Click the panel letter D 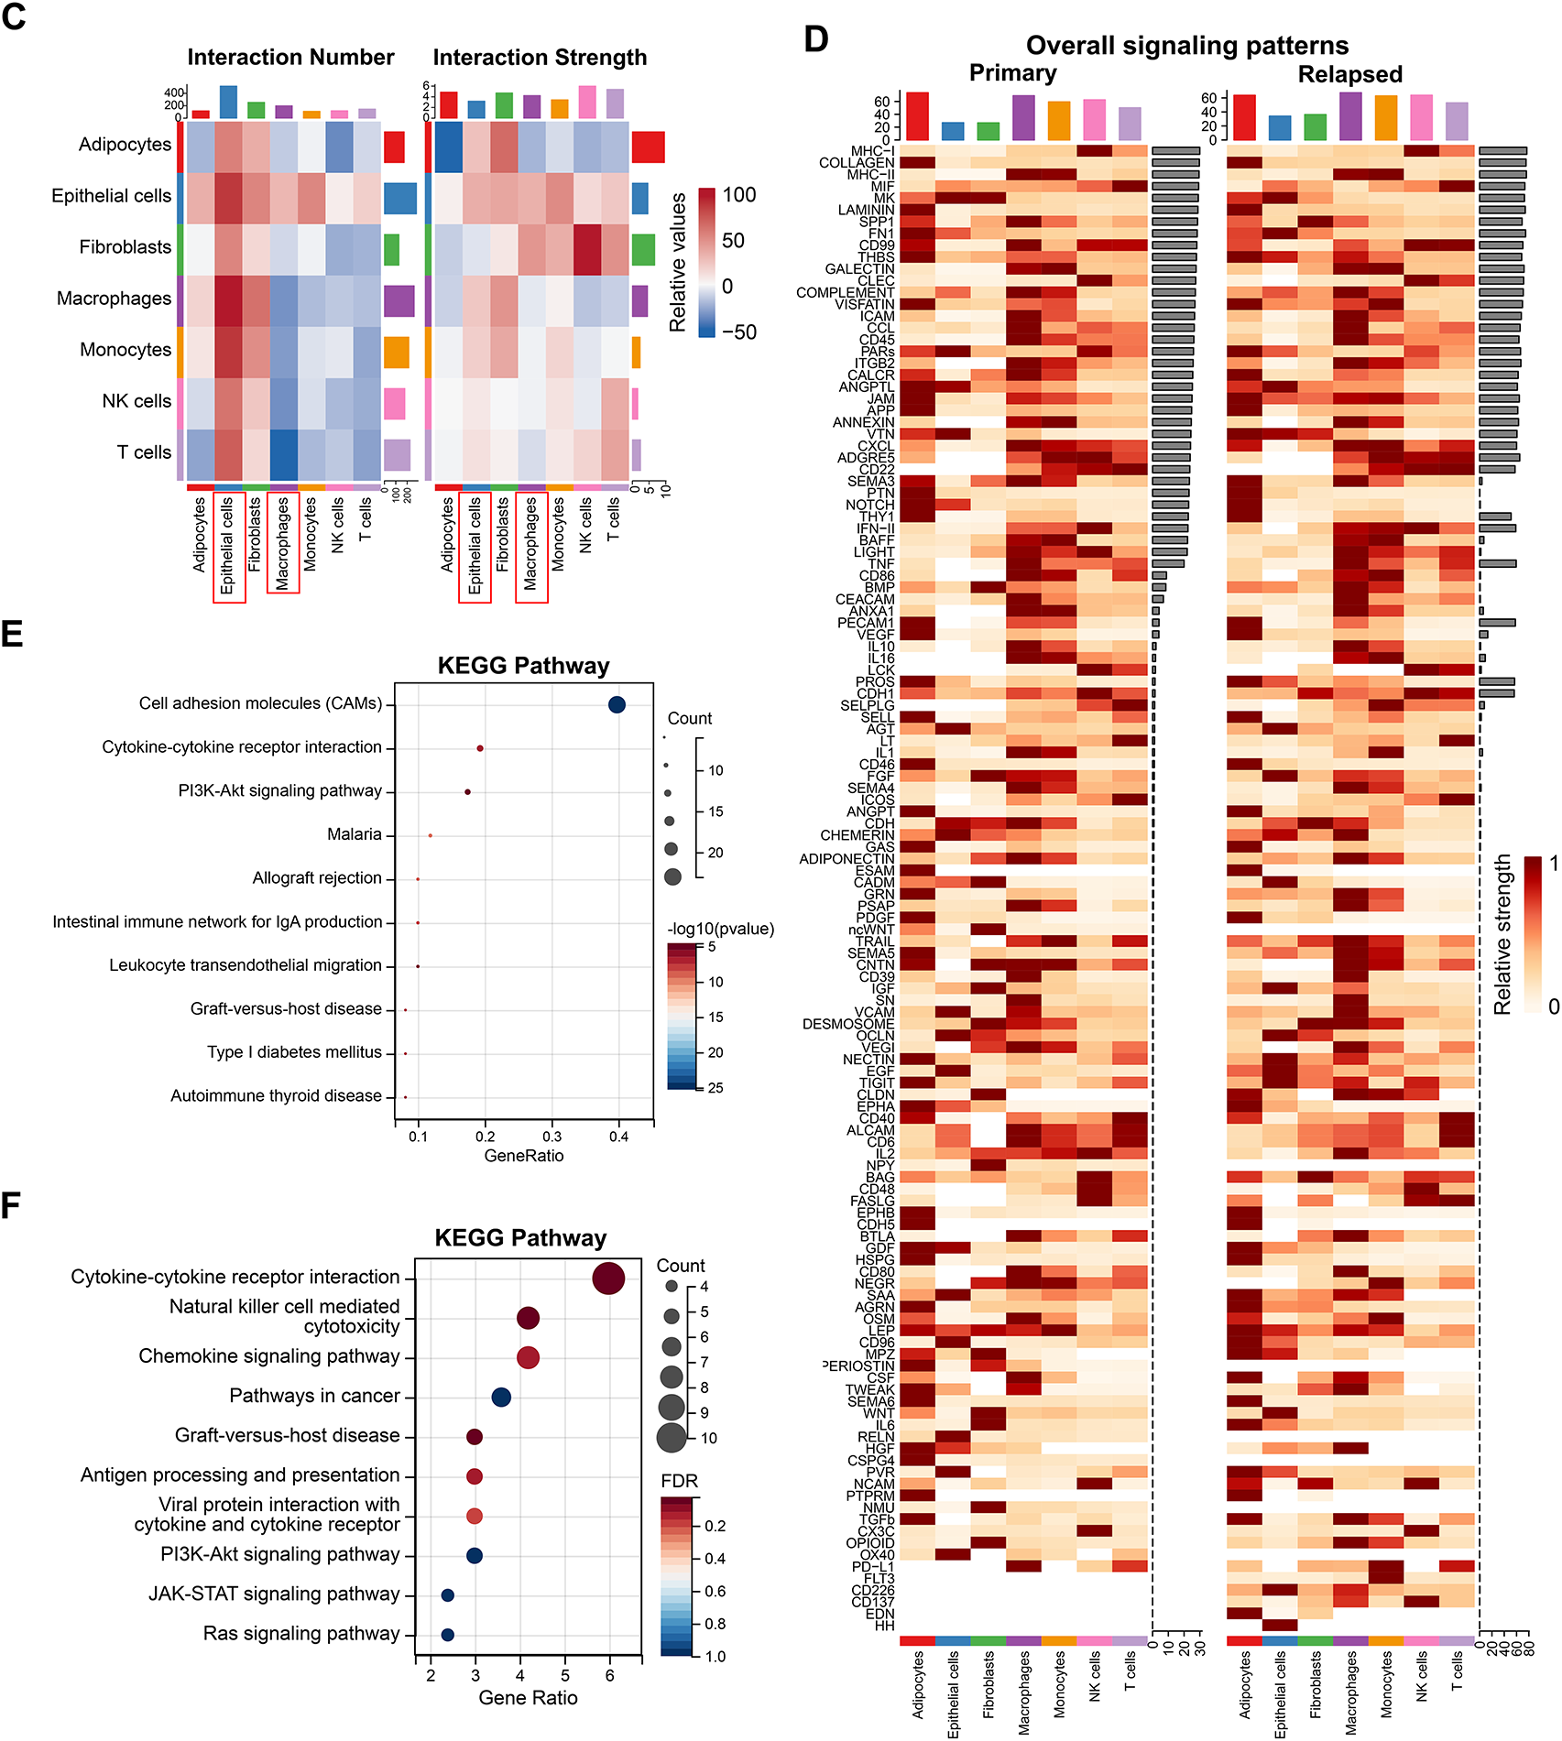[x=815, y=39]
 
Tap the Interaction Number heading [x=290, y=58]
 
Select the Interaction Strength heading [x=540, y=58]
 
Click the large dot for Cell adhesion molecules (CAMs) [x=617, y=704]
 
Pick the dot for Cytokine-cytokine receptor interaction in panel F [x=608, y=1279]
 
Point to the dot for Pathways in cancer [x=500, y=1398]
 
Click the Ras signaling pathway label [x=301, y=1634]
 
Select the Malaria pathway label [x=354, y=834]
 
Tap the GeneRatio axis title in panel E [x=523, y=1156]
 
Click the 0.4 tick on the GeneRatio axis [x=618, y=1137]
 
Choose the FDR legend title [x=679, y=1481]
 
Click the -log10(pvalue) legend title [x=720, y=929]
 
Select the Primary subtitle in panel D [x=1012, y=73]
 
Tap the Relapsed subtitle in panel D [x=1349, y=74]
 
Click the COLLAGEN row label [x=856, y=163]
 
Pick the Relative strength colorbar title [x=1502, y=934]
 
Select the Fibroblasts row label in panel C [x=125, y=247]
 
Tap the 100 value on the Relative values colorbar [x=738, y=195]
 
